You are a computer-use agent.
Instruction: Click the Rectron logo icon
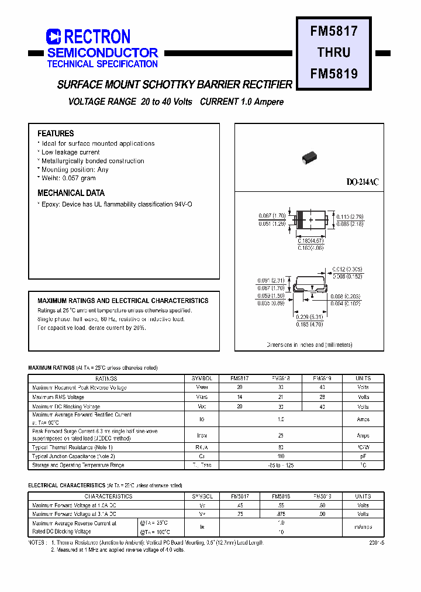tap(54, 37)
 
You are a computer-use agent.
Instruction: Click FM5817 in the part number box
tap(334, 30)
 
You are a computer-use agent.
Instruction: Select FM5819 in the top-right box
tap(334, 74)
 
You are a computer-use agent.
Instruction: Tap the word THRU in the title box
tap(334, 52)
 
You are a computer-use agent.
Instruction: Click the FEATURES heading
tap(56, 133)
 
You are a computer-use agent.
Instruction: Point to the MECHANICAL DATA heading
tap(71, 193)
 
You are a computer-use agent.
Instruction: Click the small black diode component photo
tap(308, 156)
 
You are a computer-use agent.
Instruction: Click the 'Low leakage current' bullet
tap(70, 152)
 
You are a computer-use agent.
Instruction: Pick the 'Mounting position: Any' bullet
tap(75, 170)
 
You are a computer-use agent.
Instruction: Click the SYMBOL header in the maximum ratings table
tap(202, 378)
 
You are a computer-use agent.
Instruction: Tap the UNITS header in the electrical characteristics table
tap(363, 496)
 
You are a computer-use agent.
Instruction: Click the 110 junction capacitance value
tap(281, 456)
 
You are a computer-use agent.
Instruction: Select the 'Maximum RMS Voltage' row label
tap(58, 397)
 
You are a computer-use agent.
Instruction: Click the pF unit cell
tap(363, 456)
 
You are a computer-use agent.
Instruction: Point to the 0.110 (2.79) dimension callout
tap(349, 217)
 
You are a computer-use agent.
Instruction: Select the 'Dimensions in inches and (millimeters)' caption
tap(309, 345)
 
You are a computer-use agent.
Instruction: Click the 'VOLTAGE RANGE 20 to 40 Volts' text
tap(130, 102)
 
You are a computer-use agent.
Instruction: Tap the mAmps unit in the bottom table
tap(363, 527)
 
